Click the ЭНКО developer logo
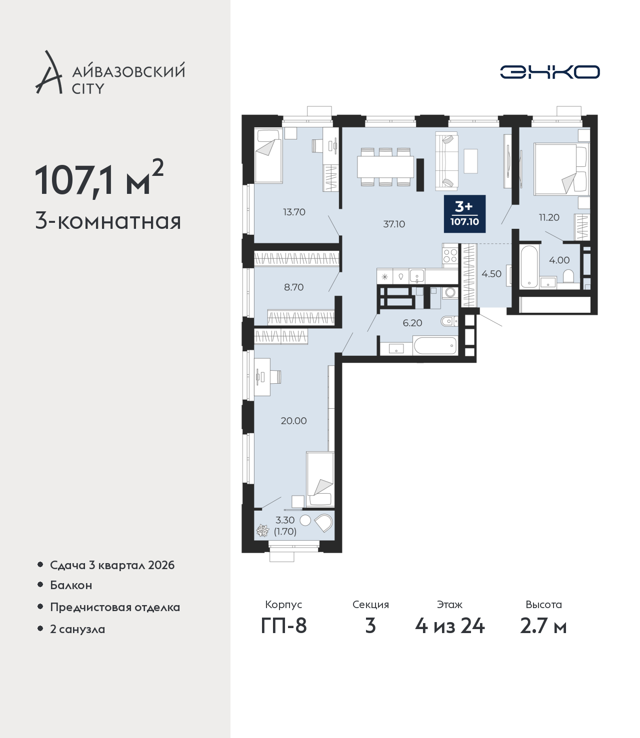[x=549, y=72]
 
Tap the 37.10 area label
[x=394, y=224]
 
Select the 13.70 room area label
[x=294, y=212]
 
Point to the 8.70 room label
[x=293, y=287]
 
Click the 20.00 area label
[x=293, y=421]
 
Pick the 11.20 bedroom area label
[x=549, y=217]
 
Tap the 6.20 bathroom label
[x=412, y=323]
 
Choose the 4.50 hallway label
[x=491, y=274]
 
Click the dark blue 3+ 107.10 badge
[x=464, y=214]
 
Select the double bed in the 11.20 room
[x=561, y=169]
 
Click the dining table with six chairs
[x=385, y=167]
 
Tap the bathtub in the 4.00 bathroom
[x=529, y=266]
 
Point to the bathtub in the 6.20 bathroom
[x=435, y=345]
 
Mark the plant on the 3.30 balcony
[x=263, y=531]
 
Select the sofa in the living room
[x=446, y=161]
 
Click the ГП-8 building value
[x=283, y=626]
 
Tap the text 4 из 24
[x=449, y=626]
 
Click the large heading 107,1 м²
[x=99, y=180]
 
